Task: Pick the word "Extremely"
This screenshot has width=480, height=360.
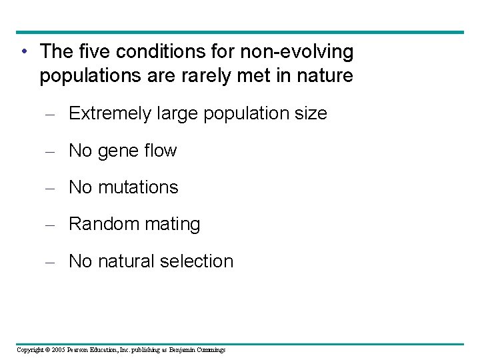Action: click(x=110, y=114)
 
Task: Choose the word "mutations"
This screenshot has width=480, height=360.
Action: click(x=138, y=188)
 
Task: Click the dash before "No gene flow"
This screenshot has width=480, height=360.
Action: click(x=49, y=152)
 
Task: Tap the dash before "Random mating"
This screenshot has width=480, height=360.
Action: click(x=49, y=225)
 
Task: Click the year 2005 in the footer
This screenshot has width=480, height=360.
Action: click(x=59, y=350)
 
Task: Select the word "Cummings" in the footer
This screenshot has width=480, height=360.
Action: click(x=211, y=350)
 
